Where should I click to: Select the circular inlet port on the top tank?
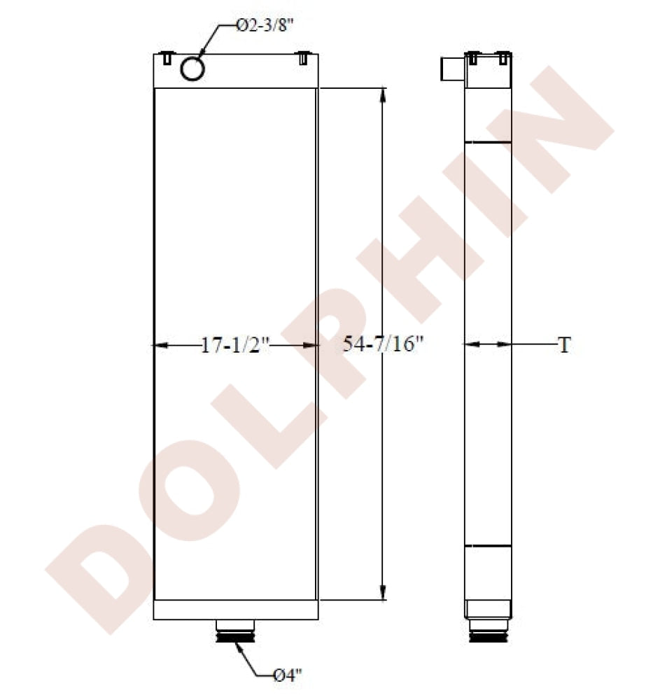pos(192,68)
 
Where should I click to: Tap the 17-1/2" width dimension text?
pos(235,345)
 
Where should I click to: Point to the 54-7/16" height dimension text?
pos(384,344)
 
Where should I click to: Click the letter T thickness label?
pos(564,345)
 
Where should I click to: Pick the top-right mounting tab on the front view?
pos(303,59)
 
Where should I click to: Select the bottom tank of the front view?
pos(236,610)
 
